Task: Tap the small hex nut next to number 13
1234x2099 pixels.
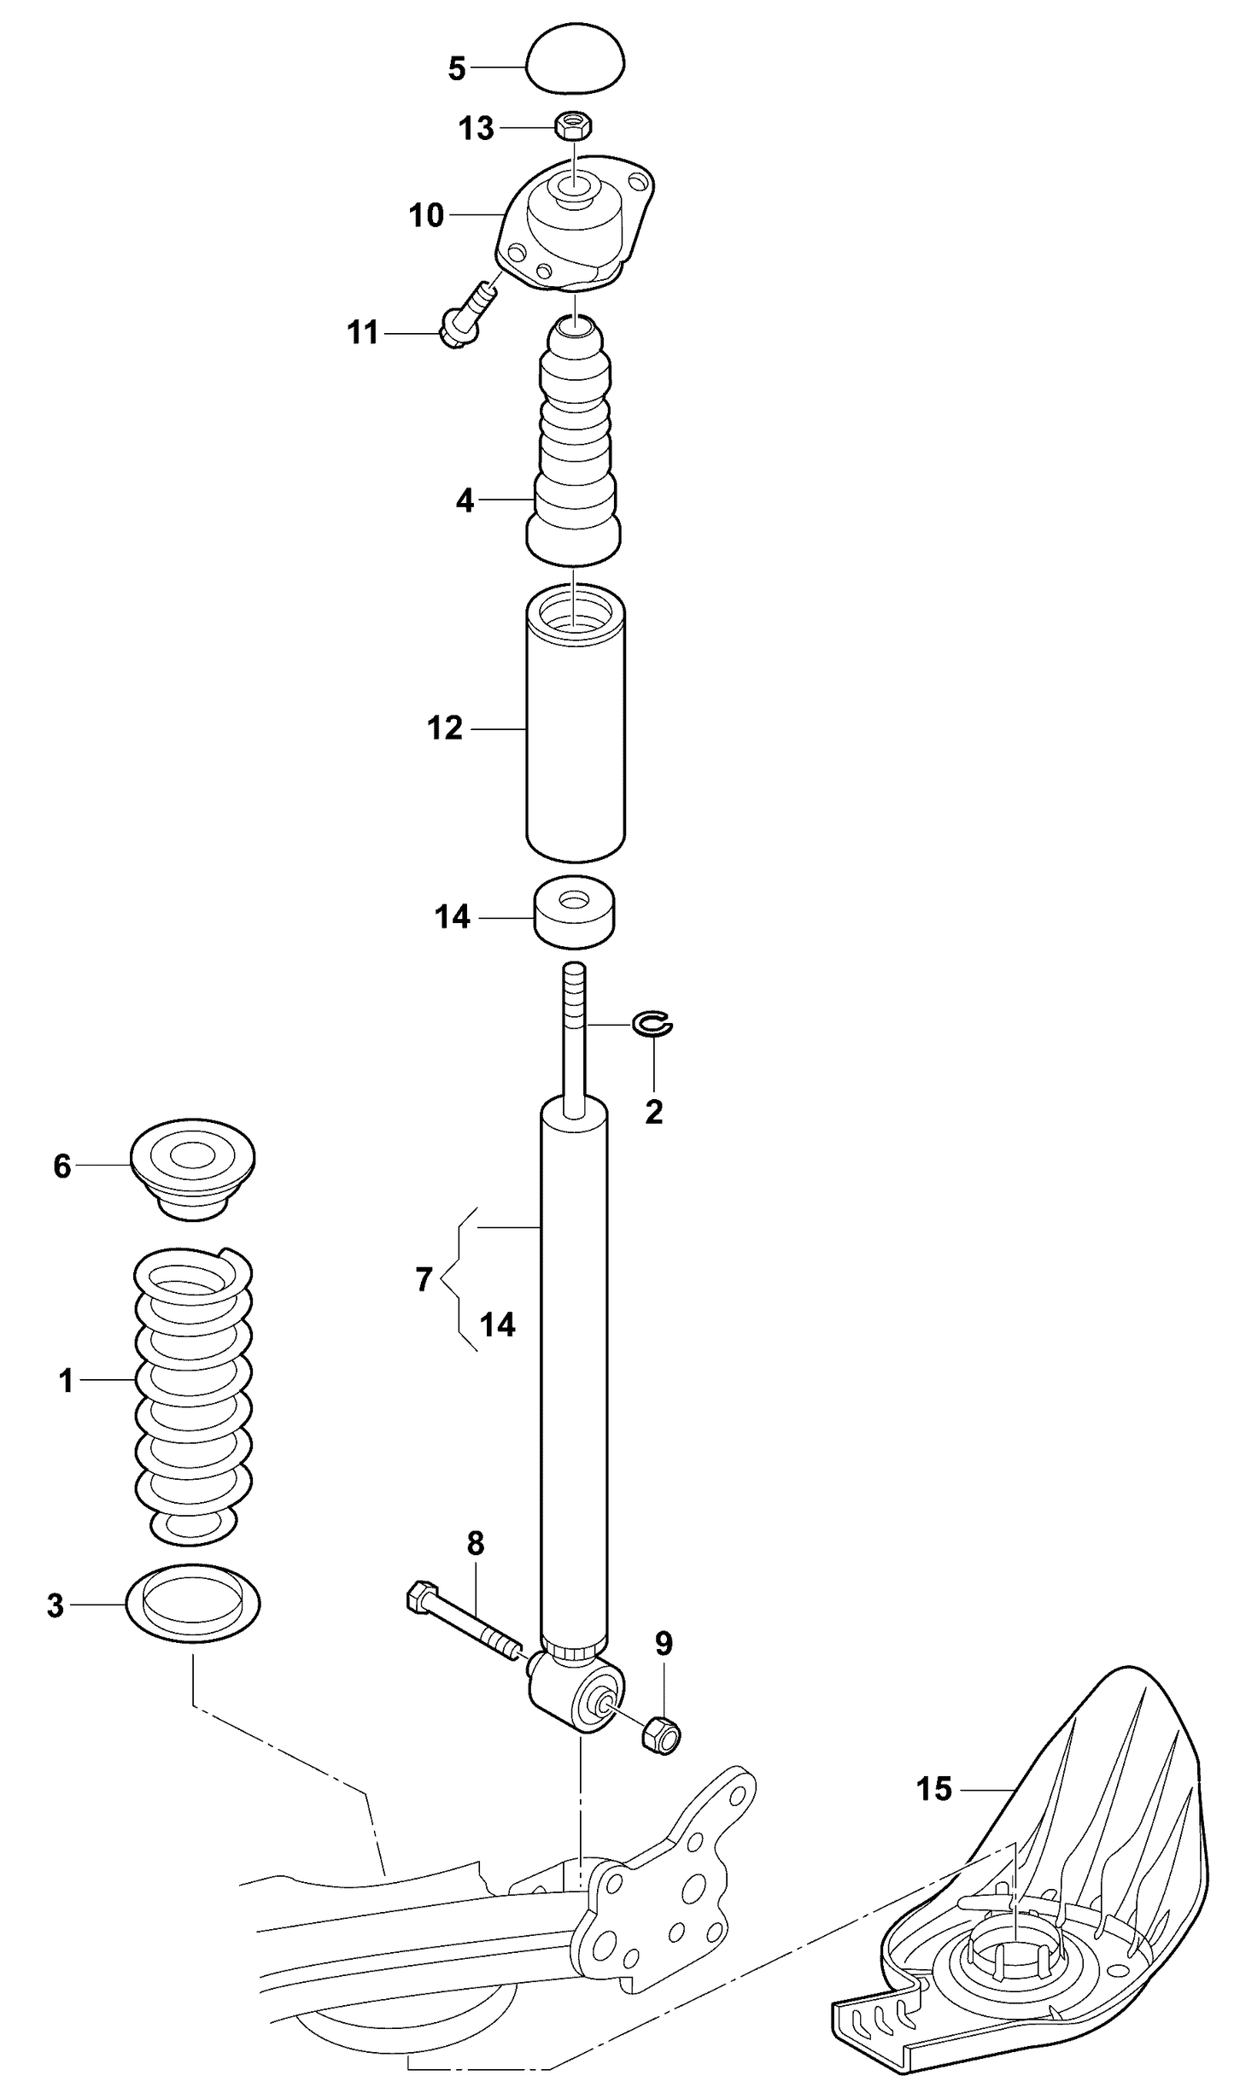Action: point(574,126)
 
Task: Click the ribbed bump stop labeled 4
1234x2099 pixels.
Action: point(574,444)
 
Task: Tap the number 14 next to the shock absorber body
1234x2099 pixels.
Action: point(498,1324)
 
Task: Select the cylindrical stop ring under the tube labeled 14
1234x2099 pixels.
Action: point(575,912)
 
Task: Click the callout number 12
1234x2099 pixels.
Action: point(445,728)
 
